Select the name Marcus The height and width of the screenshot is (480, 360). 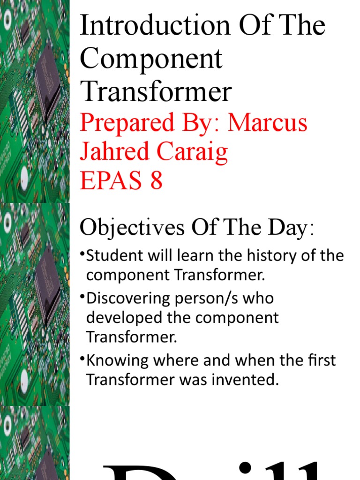click(x=268, y=122)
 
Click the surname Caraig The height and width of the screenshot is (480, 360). click(x=196, y=152)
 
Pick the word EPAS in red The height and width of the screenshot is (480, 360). click(x=111, y=180)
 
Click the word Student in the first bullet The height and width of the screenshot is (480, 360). click(x=113, y=256)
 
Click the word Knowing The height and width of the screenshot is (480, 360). click(x=117, y=360)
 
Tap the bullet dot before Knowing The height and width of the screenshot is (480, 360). click(x=82, y=359)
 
